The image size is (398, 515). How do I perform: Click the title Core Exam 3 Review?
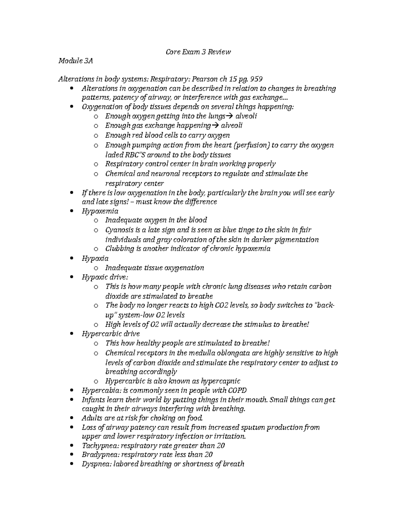198,52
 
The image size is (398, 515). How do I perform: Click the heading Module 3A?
75,61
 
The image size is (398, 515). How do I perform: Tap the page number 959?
256,79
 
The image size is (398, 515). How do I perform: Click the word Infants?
93,400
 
